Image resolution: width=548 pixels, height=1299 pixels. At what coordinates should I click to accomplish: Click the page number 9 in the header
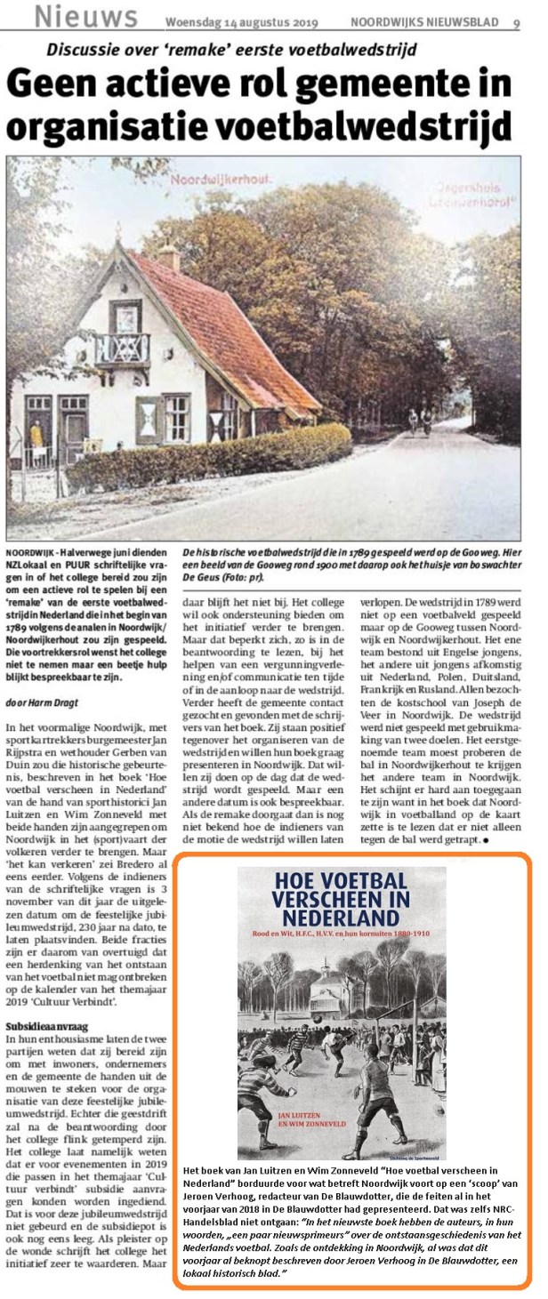point(516,23)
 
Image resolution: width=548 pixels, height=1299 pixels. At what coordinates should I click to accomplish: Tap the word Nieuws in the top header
point(85,16)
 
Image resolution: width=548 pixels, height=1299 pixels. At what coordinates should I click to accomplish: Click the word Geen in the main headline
point(56,86)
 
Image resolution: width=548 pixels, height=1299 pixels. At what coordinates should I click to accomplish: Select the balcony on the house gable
point(122,349)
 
